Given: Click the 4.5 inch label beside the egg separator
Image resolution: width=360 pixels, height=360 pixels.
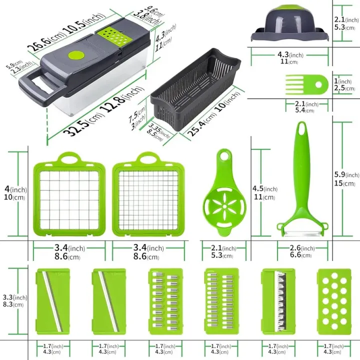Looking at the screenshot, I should pos(263,188).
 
